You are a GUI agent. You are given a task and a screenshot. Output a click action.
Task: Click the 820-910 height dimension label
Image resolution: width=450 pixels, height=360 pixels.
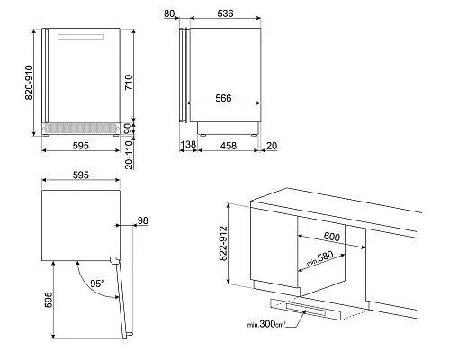pos(29,83)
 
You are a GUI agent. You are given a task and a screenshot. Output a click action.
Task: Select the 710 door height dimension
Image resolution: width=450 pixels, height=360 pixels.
pos(129,82)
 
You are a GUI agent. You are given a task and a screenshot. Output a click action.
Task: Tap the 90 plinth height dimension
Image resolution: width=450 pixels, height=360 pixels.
pos(128,129)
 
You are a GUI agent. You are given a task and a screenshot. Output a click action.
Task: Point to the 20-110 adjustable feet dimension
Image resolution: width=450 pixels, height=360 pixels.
pos(129,155)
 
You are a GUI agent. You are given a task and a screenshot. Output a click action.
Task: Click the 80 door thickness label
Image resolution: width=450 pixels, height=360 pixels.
pos(169,13)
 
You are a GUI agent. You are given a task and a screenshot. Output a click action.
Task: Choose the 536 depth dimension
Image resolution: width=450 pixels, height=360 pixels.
pos(225,13)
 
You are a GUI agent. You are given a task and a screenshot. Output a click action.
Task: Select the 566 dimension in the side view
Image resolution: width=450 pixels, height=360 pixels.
pos(223,98)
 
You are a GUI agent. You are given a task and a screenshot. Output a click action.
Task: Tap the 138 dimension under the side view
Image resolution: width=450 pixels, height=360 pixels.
pos(188,145)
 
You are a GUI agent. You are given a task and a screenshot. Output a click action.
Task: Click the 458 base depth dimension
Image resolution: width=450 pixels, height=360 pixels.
pos(229,146)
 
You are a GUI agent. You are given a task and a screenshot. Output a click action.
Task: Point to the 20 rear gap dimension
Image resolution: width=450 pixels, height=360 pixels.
pos(272,146)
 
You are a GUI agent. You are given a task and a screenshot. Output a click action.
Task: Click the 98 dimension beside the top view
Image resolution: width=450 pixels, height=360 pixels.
pos(143,220)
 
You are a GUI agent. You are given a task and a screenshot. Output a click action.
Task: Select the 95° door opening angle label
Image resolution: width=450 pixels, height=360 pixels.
pos(97,283)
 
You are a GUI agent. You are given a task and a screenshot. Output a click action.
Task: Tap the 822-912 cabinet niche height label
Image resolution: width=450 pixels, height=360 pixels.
pos(223,243)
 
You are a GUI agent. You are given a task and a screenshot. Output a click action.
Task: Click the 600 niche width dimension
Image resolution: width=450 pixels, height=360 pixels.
pos(332,237)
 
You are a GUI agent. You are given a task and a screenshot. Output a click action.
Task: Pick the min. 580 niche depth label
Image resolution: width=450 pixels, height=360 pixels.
pos(319,258)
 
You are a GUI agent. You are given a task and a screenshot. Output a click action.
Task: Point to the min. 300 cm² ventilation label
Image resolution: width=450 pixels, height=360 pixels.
pos(266,324)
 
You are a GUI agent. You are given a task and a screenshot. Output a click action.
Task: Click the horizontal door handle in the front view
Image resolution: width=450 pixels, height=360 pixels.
pos(81,37)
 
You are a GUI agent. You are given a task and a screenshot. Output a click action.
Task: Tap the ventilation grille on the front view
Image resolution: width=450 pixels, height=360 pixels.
pos(80,129)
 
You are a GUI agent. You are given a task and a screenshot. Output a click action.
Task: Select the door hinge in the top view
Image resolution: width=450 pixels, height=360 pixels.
pos(113,260)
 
